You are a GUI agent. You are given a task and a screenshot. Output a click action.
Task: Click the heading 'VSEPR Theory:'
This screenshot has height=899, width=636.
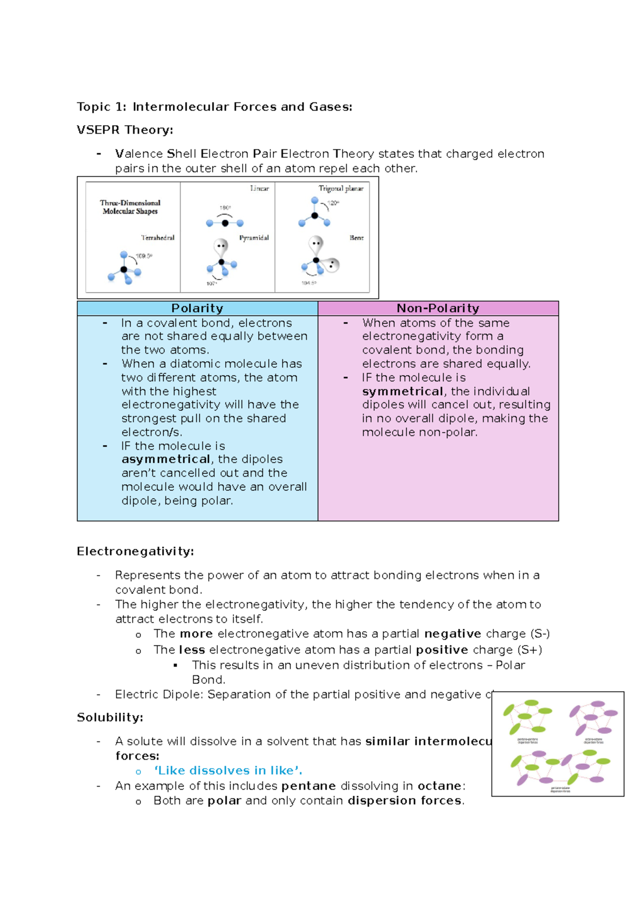[125, 130]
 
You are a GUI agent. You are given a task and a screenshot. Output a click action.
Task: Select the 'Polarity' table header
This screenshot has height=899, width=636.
[197, 309]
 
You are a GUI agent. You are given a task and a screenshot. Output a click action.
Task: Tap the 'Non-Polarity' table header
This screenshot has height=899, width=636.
[438, 309]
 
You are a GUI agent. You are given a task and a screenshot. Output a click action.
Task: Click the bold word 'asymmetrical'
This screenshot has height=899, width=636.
[166, 459]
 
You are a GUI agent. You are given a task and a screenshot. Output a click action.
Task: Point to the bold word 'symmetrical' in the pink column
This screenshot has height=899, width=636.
[403, 391]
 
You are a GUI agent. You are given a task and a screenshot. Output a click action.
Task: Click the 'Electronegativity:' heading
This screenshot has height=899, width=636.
[135, 551]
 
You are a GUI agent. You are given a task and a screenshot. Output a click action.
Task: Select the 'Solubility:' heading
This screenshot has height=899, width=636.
[110, 717]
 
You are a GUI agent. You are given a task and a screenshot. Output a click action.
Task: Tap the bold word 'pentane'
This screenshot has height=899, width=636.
[308, 786]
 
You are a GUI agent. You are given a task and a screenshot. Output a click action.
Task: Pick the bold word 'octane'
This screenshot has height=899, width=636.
[439, 786]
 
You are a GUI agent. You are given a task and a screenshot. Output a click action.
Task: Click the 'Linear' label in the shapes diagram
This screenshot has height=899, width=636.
[260, 189]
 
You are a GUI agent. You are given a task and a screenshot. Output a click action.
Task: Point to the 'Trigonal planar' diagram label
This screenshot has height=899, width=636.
[341, 189]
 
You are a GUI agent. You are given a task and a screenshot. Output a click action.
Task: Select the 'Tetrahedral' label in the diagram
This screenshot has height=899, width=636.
[157, 238]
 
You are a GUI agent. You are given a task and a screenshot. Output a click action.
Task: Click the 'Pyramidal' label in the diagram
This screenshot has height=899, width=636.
[254, 238]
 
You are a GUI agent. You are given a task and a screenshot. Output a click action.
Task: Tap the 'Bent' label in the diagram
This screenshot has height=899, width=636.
[356, 238]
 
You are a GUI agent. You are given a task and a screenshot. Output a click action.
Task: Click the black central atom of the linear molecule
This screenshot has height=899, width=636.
[225, 223]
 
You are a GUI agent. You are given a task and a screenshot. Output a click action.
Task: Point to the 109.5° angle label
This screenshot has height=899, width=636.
[144, 256]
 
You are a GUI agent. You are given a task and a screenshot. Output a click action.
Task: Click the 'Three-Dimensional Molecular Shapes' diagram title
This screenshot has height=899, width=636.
[130, 207]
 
